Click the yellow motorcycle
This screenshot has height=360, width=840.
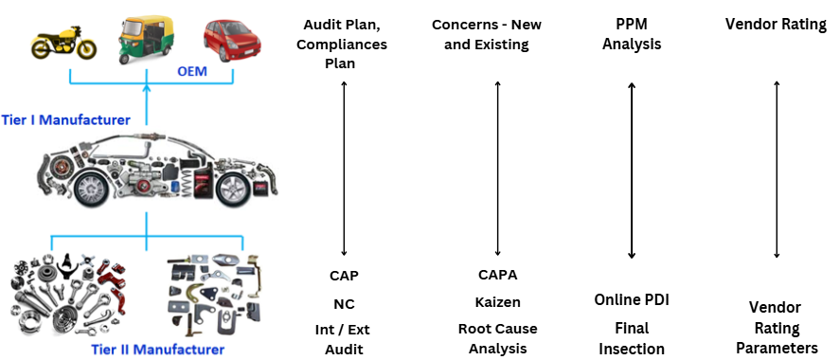tap(63, 43)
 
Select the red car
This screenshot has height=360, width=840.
tap(231, 40)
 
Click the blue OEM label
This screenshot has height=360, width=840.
tap(192, 71)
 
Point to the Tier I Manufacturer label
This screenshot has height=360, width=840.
tap(65, 120)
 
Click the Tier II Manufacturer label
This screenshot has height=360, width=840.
tap(157, 350)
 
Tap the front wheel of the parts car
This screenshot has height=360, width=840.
tap(96, 188)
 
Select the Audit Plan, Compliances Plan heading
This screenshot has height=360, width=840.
tap(341, 44)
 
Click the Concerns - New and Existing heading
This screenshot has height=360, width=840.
tap(487, 34)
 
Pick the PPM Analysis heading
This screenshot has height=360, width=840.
tap(632, 34)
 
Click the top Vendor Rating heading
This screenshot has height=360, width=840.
tap(776, 24)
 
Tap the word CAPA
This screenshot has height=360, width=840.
tap(498, 275)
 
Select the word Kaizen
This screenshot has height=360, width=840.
tap(498, 302)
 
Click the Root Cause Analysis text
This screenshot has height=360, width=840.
tap(498, 338)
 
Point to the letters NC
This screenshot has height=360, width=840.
tap(344, 304)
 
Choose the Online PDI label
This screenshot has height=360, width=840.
tap(632, 300)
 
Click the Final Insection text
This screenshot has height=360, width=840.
tap(632, 338)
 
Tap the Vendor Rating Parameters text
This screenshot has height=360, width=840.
tap(776, 328)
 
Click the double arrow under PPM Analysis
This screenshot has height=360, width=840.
tap(632, 171)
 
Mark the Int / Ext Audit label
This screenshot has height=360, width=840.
tap(344, 339)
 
